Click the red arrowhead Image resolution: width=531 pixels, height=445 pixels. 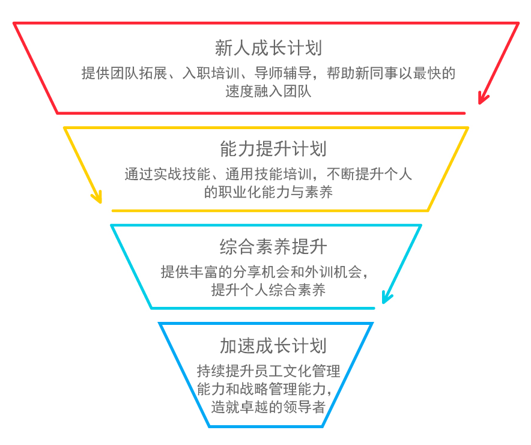pos(482,97)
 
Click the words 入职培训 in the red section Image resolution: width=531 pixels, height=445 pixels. pos(211,74)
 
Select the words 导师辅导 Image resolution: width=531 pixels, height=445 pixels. pos(282,74)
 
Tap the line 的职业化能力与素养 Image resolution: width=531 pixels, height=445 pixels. pos(269,192)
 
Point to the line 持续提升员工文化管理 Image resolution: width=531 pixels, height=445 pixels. pos(269,371)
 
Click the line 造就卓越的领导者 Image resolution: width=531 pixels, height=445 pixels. pos(269,407)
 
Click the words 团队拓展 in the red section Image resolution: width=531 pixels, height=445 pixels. pos(138,74)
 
